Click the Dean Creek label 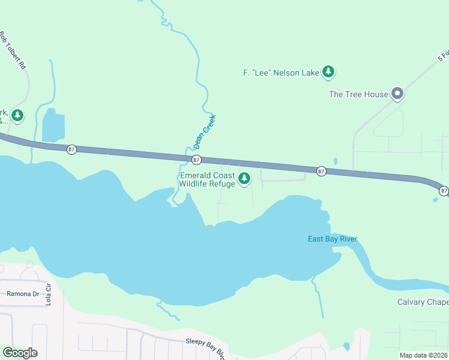coord(204,132)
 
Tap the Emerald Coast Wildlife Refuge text coord(208,179)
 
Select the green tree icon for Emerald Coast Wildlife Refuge coord(244,178)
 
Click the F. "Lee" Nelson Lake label coord(281,73)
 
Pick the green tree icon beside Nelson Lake coord(328,72)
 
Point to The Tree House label coord(358,94)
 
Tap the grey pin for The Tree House coord(396,93)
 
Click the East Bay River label coord(333,239)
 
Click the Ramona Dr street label coord(23,293)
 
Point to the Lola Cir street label coord(48,296)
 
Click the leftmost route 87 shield coord(71,149)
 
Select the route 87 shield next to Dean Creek coord(196,160)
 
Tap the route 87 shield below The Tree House coord(321,171)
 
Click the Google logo coord(20,353)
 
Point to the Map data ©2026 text coord(423,355)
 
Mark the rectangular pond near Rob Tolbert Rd coord(53,126)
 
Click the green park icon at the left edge coord(17,115)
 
